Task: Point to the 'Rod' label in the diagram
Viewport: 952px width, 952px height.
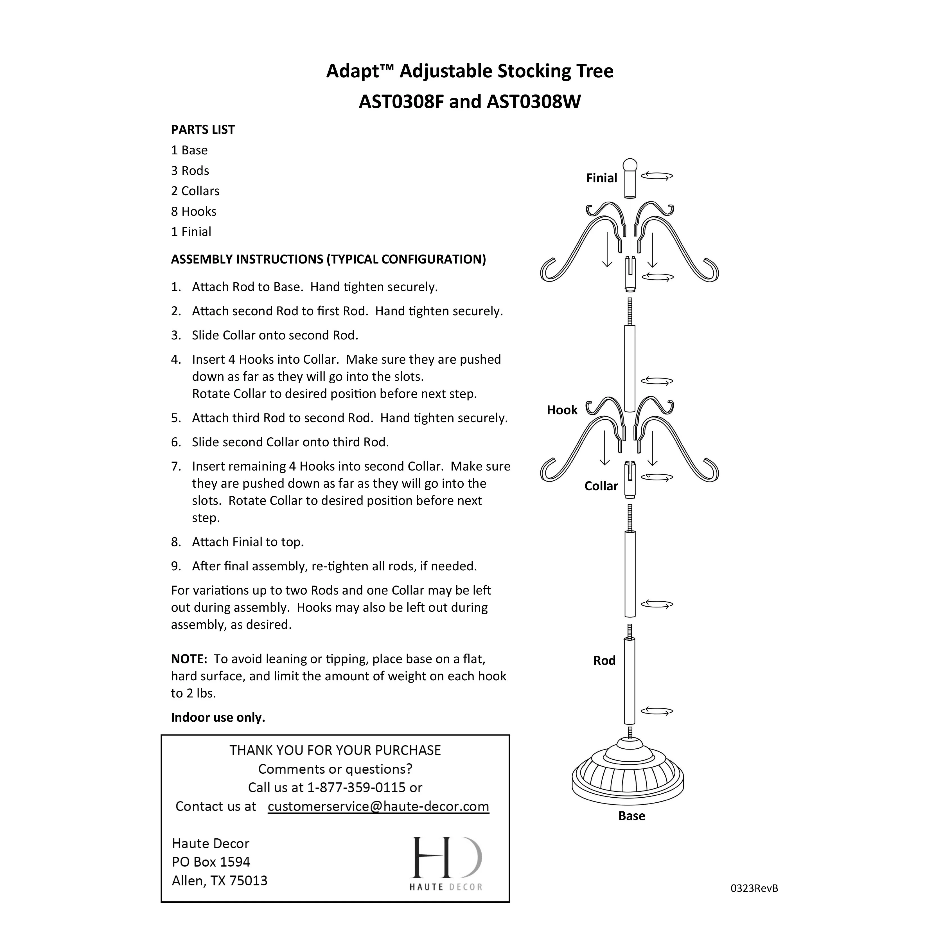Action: pyautogui.click(x=604, y=661)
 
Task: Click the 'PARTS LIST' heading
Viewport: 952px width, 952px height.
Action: pyautogui.click(x=202, y=130)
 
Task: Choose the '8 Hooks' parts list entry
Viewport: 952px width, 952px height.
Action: pyautogui.click(x=194, y=211)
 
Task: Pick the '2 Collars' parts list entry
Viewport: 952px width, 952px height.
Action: pyautogui.click(x=195, y=191)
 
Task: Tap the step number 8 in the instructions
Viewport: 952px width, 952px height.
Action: pyautogui.click(x=176, y=542)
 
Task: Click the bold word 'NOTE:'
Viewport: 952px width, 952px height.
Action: pyautogui.click(x=189, y=659)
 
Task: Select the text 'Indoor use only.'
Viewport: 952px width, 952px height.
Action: pyautogui.click(x=218, y=717)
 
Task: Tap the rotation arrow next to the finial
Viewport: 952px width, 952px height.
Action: pyautogui.click(x=657, y=176)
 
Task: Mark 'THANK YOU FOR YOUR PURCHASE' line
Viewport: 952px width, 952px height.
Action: pyautogui.click(x=335, y=750)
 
